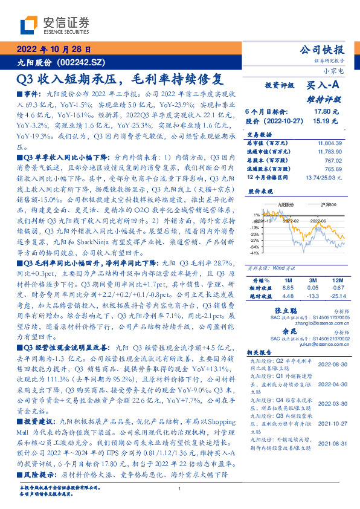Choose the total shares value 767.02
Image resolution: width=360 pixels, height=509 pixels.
point(333,161)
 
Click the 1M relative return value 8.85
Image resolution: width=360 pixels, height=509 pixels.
point(288,288)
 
